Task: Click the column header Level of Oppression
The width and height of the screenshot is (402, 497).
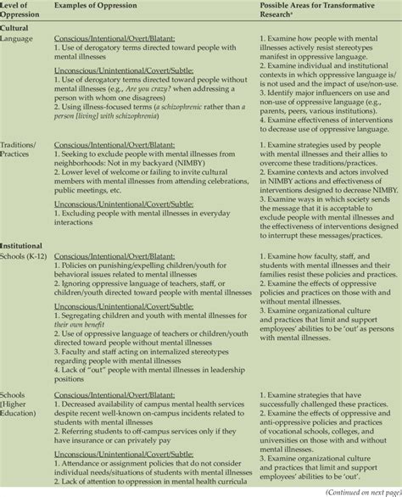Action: click(20, 11)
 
